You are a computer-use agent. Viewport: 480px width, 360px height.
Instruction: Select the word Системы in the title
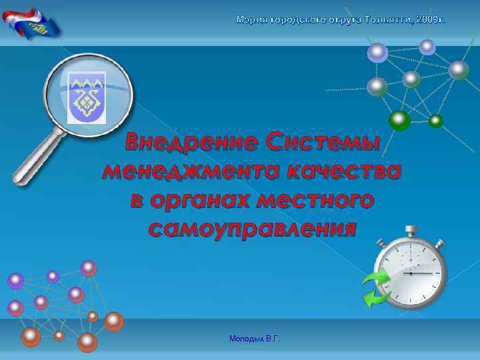pos(322,142)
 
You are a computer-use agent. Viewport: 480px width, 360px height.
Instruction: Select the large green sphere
pos(399,119)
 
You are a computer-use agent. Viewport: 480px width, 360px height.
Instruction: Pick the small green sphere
pos(436,121)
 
